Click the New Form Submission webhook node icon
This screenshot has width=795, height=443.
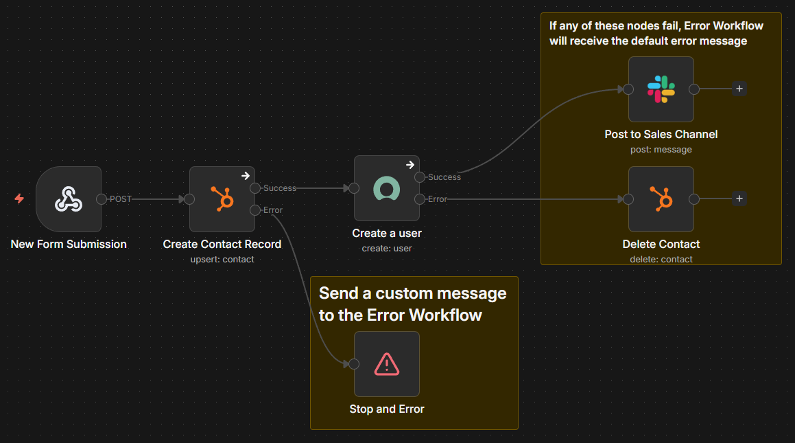pos(69,199)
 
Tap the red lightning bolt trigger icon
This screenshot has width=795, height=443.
pos(19,199)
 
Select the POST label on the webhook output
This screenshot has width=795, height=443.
pos(120,199)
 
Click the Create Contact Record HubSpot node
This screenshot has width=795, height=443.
pos(222,199)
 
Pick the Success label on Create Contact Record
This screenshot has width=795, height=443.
pos(280,188)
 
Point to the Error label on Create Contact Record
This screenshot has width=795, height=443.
pos(273,210)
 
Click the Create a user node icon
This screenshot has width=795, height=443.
pos(387,188)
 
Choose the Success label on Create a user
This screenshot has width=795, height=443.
pos(444,177)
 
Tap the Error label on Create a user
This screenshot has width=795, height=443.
pos(438,199)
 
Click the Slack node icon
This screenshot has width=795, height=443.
pos(661,89)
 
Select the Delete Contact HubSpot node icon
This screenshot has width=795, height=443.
pos(661,199)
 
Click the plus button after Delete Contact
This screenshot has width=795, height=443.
pos(739,199)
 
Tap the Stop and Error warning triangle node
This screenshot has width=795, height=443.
pos(387,364)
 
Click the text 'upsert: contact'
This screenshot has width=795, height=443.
pos(222,260)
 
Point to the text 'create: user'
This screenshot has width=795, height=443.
pos(387,249)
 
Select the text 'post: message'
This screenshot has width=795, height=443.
pos(661,150)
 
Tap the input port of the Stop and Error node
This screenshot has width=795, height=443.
pos(354,364)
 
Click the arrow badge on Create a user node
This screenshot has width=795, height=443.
pos(410,165)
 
